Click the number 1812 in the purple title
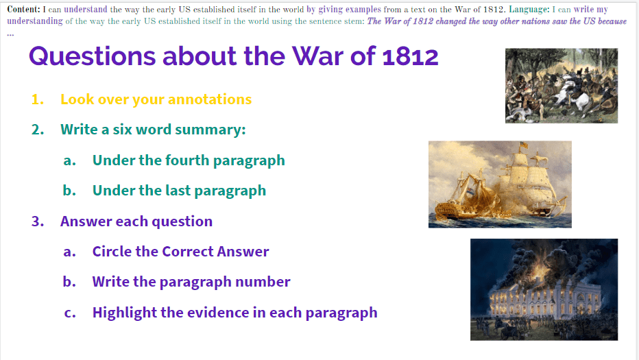[x=410, y=56]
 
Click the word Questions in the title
[x=92, y=56]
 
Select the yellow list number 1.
[x=38, y=99]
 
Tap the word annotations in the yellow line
[x=210, y=99]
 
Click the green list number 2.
[x=38, y=130]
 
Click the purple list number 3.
[x=38, y=221]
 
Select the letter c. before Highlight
[x=70, y=313]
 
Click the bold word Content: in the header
[x=23, y=9]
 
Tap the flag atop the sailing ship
[x=524, y=145]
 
